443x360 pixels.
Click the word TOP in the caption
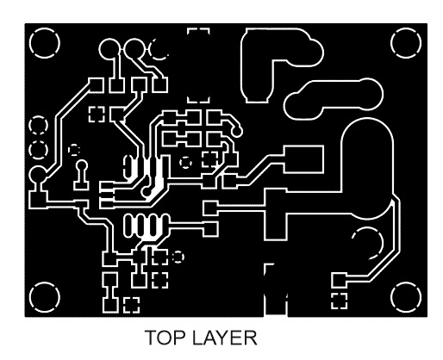pyautogui.click(x=164, y=338)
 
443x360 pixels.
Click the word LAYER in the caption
pyautogui.click(x=224, y=338)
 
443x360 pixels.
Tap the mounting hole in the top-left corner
pyautogui.click(x=45, y=43)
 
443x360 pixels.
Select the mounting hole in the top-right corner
pyautogui.click(x=406, y=43)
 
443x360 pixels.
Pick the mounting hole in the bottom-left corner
pyautogui.click(x=45, y=297)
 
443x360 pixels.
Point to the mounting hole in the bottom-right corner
pyautogui.click(x=406, y=297)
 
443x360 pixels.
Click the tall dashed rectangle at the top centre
pyautogui.click(x=198, y=65)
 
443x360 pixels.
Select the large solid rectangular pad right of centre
pyautogui.click(x=303, y=159)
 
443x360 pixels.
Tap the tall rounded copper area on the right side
pyautogui.click(x=367, y=169)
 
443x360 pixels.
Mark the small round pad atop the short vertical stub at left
pyautogui.click(x=82, y=165)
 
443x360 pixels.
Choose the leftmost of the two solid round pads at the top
pyautogui.click(x=109, y=49)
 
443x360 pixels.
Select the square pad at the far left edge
pyautogui.click(x=38, y=199)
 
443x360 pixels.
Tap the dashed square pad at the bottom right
pyautogui.click(x=339, y=301)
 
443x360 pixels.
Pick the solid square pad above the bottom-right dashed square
pyautogui.click(x=339, y=280)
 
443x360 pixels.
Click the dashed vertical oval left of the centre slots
pyautogui.click(x=128, y=166)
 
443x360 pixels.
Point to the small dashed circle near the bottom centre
pyautogui.click(x=178, y=257)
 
